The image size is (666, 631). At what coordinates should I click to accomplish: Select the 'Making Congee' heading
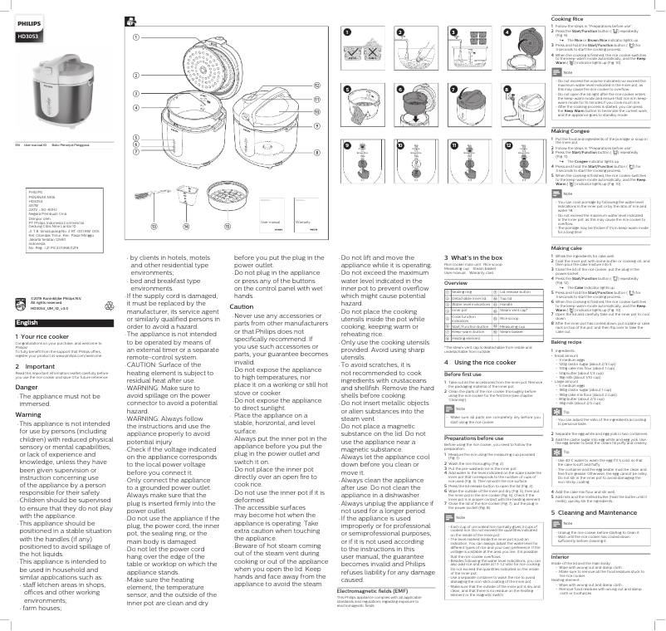(x=572, y=132)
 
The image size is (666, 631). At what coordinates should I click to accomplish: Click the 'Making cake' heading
(x=568, y=248)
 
